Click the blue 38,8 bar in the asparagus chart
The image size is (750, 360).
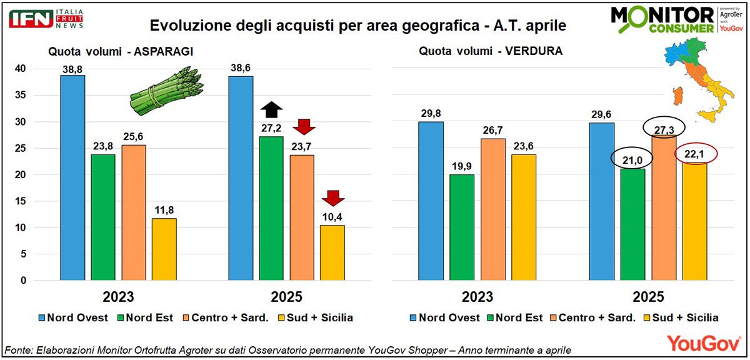point(72,178)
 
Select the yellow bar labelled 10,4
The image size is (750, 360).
point(332,252)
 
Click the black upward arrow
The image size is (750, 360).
point(272,110)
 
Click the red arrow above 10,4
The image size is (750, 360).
point(332,199)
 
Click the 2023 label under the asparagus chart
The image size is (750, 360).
point(118,297)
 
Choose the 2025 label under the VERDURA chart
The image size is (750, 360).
point(648,297)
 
